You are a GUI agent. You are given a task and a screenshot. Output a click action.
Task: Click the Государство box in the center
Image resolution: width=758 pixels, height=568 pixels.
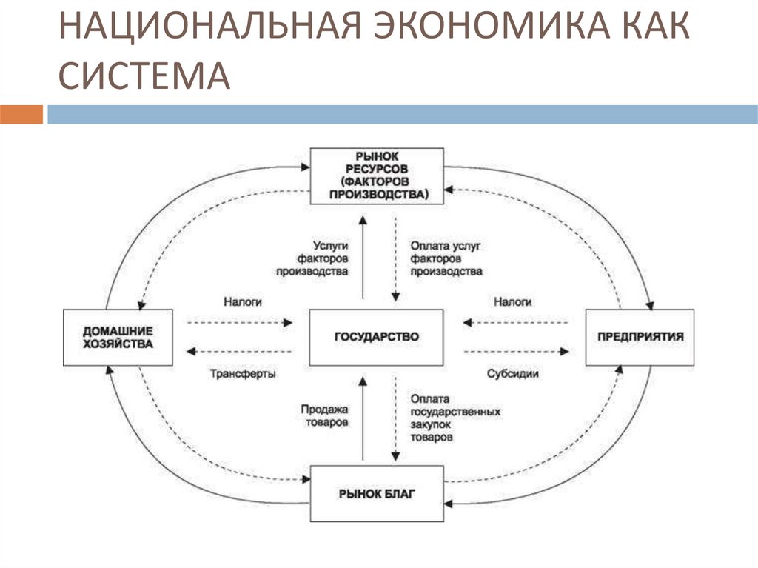(x=377, y=337)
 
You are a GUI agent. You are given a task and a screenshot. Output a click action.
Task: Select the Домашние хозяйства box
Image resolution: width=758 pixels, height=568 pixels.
(x=118, y=337)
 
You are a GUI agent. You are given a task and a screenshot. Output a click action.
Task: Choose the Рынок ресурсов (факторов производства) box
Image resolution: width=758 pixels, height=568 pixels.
(x=377, y=176)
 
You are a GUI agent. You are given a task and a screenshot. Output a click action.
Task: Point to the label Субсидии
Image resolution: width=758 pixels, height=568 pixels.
(x=512, y=375)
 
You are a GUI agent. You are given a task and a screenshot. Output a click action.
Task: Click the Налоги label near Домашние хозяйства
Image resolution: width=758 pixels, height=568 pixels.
(x=242, y=302)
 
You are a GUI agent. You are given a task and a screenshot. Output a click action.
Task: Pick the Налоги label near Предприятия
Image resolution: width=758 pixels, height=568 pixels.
(x=512, y=302)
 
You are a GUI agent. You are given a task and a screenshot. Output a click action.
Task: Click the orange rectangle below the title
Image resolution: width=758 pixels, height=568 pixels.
(x=21, y=115)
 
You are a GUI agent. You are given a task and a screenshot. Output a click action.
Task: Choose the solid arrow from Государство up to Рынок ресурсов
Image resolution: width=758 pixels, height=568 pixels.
(x=362, y=255)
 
